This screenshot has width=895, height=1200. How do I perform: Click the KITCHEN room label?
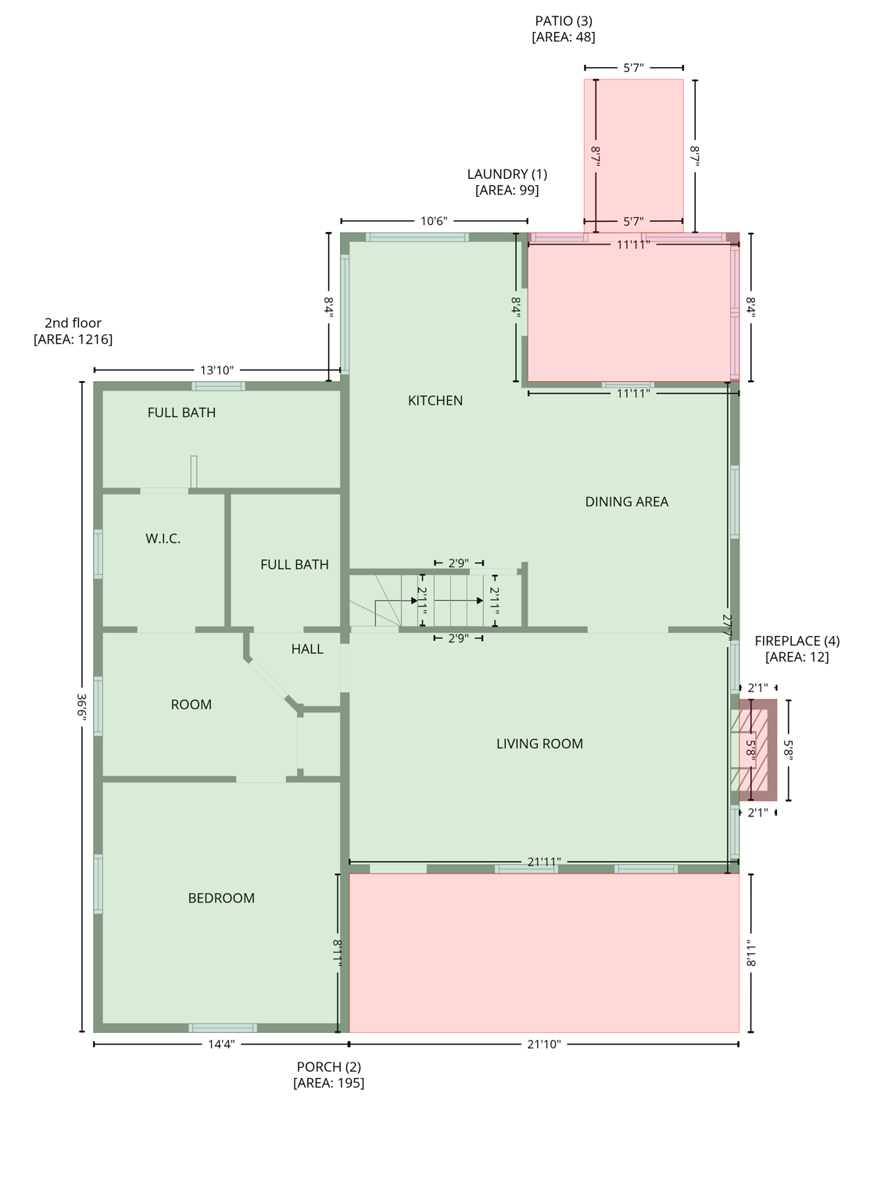pos(435,401)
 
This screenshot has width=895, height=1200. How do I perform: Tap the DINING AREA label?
pos(626,502)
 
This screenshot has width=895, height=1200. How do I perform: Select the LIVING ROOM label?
pos(539,745)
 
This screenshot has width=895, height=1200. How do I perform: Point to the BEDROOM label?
pos(221,898)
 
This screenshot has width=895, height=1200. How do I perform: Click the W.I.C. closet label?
pos(163,539)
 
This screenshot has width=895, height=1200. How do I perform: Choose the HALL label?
pos(307,649)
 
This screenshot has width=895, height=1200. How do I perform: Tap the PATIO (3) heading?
pos(563,21)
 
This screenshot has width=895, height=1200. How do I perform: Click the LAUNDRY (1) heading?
pos(507,174)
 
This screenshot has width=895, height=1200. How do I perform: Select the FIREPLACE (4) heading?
pos(797,641)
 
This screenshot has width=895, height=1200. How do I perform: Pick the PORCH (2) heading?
pos(328,1067)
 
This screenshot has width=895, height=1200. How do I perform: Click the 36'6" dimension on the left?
pos(81,707)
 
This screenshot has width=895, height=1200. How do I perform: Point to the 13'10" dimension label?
pos(217,370)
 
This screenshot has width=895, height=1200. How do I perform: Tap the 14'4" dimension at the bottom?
pos(221,1045)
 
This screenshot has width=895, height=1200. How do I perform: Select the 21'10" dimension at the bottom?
pos(543,1045)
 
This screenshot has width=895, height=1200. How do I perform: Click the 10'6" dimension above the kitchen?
pos(434,222)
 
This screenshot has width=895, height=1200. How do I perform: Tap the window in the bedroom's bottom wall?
pos(223,1028)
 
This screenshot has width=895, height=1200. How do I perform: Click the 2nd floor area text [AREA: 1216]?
pos(73,340)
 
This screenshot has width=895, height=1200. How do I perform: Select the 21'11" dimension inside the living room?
pos(543,862)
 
